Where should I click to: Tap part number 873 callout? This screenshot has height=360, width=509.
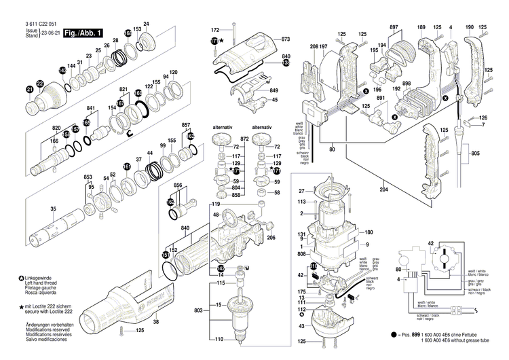pyautogui.click(x=286, y=41)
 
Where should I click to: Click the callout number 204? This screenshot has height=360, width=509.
pyautogui.click(x=385, y=190)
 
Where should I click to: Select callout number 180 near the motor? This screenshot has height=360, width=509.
pyautogui.click(x=369, y=232)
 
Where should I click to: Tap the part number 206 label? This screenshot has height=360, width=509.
pyautogui.click(x=270, y=237)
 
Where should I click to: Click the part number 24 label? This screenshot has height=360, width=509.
pyautogui.click(x=146, y=24)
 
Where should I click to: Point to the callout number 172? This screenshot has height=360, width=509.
pyautogui.click(x=215, y=31)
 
